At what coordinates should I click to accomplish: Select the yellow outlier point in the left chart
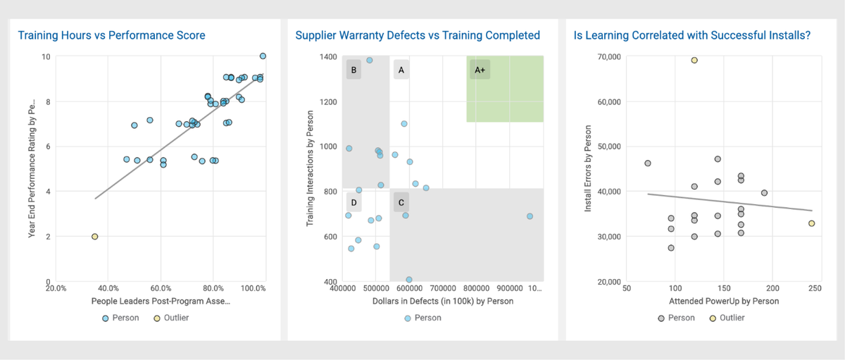pyautogui.click(x=94, y=237)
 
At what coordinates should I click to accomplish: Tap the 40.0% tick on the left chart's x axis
pyautogui.click(x=108, y=288)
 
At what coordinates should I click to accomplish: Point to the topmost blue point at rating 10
pyautogui.click(x=263, y=56)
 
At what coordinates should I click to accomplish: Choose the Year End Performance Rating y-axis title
pyautogui.click(x=32, y=169)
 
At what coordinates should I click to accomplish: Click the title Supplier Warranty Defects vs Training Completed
pyautogui.click(x=418, y=35)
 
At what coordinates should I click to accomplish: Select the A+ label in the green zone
pyautogui.click(x=480, y=70)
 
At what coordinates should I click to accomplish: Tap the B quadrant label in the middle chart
pyautogui.click(x=353, y=70)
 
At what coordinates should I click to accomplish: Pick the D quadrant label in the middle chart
pyautogui.click(x=353, y=203)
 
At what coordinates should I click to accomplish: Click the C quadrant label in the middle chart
pyautogui.click(x=401, y=203)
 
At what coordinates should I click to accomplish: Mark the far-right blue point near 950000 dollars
pyautogui.click(x=530, y=216)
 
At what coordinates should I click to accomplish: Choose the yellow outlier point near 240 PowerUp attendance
pyautogui.click(x=811, y=223)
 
